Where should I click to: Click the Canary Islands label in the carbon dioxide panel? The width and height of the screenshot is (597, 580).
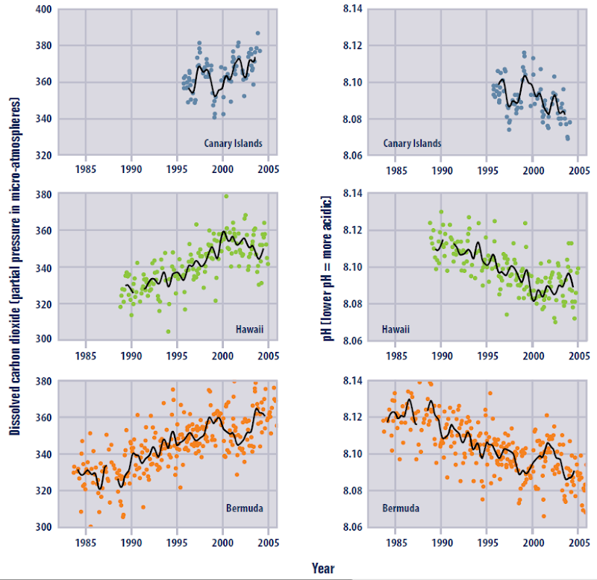tap(233, 143)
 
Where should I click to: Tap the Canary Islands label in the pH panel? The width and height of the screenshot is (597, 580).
tap(411, 143)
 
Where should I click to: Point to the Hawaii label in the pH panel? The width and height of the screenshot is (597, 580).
tap(397, 328)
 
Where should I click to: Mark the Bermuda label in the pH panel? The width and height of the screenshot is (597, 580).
tap(401, 509)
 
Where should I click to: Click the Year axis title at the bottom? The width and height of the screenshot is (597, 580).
tap(323, 568)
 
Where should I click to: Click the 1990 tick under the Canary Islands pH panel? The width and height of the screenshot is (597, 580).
tap(441, 168)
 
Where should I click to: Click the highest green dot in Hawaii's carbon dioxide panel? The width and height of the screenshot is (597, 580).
tap(226, 197)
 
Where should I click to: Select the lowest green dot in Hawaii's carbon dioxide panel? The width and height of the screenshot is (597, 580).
tap(168, 332)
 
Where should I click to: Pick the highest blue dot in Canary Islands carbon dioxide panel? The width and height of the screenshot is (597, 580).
tap(257, 33)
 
